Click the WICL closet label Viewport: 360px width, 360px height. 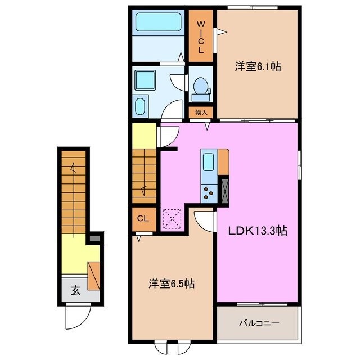click(x=201, y=37)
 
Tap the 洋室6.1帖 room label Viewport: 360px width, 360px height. click(x=258, y=67)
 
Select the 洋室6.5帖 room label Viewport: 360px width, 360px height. click(x=172, y=283)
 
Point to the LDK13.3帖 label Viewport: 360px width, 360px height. click(x=258, y=231)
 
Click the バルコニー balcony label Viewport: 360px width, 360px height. click(x=259, y=323)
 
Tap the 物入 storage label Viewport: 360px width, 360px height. click(x=201, y=112)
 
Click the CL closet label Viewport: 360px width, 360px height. click(x=143, y=219)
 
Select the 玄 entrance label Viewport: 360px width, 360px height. click(x=75, y=290)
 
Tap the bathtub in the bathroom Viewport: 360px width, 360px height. click(x=159, y=22)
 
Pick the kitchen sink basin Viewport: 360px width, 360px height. click(x=209, y=162)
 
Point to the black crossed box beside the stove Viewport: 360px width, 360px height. click(x=224, y=190)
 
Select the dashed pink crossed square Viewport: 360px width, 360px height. click(x=172, y=219)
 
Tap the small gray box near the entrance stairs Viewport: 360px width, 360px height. click(x=94, y=238)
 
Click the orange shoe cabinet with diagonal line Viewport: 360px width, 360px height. click(x=94, y=276)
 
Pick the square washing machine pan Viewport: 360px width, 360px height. click(x=145, y=80)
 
